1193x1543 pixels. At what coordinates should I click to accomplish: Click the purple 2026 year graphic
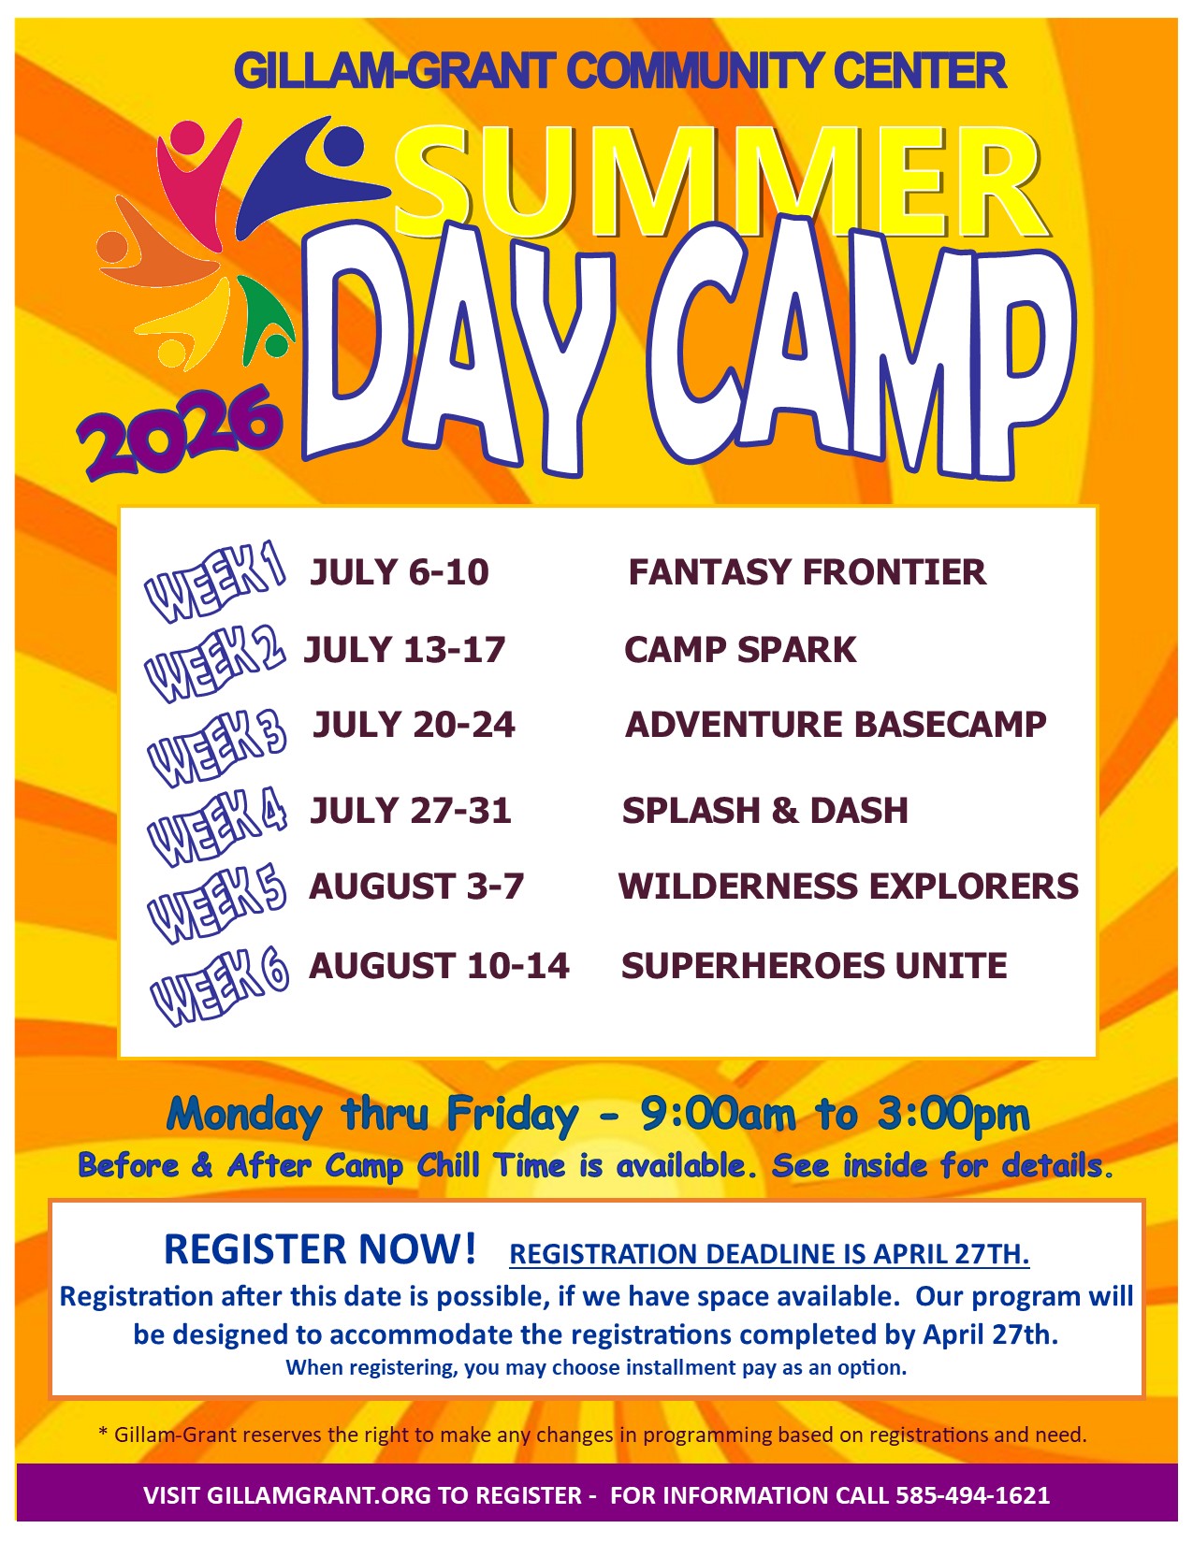[x=180, y=432]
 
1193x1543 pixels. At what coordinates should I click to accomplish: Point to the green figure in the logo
[x=264, y=320]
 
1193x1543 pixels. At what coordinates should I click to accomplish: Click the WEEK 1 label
[x=214, y=581]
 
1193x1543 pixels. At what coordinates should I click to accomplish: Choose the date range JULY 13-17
[x=404, y=650]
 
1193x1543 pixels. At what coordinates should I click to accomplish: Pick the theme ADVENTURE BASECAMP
[x=836, y=725]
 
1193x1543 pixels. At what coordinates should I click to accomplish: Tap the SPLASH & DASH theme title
[x=765, y=810]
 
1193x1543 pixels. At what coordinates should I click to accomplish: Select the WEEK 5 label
[x=217, y=904]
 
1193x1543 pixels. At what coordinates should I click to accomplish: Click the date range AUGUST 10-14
[x=439, y=966]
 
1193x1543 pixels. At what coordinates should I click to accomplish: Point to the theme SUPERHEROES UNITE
[x=814, y=966]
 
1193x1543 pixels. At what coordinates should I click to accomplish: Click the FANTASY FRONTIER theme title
[x=807, y=572]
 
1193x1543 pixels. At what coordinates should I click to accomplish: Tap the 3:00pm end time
[x=953, y=1114]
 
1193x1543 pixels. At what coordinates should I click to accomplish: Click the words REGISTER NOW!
[x=320, y=1248]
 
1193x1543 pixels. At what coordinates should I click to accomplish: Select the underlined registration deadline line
[x=769, y=1255]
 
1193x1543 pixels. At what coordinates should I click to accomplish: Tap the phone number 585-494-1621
[x=973, y=1494]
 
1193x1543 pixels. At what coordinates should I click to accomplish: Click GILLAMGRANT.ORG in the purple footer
[x=318, y=1494]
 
